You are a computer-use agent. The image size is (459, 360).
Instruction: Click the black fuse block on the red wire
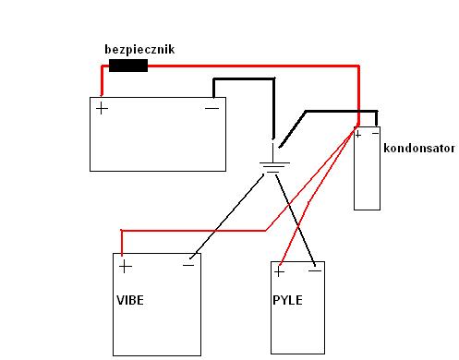pyautogui.click(x=128, y=66)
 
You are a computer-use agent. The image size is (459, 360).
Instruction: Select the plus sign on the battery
pyautogui.click(x=102, y=108)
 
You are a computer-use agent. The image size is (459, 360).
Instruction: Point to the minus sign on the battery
pyautogui.click(x=211, y=108)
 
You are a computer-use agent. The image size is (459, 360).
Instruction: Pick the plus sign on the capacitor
pyautogui.click(x=358, y=135)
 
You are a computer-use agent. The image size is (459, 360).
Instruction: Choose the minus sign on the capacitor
pyautogui.click(x=373, y=135)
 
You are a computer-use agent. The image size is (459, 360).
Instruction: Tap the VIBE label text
pyautogui.click(x=131, y=301)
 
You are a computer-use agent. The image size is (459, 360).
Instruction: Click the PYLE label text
pyautogui.click(x=287, y=301)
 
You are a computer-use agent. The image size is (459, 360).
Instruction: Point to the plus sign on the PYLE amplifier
pyautogui.click(x=279, y=273)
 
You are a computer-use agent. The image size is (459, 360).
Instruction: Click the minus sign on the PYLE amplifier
pyautogui.click(x=315, y=272)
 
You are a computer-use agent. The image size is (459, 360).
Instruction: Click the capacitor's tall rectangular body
pyautogui.click(x=368, y=175)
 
